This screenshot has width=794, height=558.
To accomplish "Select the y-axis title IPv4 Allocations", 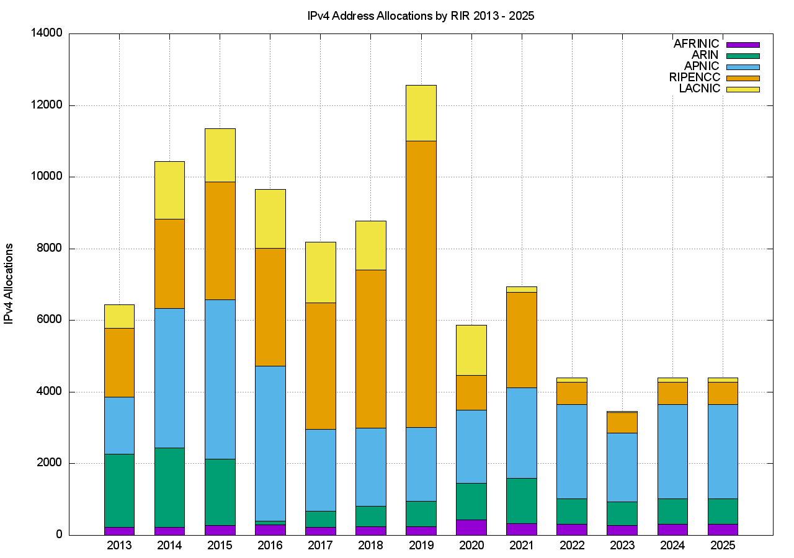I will pyautogui.click(x=9, y=283).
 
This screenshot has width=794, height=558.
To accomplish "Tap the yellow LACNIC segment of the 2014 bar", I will pyautogui.click(x=169, y=190).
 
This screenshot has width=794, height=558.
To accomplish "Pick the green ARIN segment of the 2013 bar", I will pyautogui.click(x=119, y=490).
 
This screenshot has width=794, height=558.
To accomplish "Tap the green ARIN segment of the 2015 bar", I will pyautogui.click(x=220, y=492).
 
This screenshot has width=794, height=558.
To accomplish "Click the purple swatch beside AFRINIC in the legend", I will pyautogui.click(x=743, y=45).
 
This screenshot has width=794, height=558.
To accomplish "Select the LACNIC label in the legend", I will pyautogui.click(x=700, y=89).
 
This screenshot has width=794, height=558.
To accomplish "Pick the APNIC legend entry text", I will pyautogui.click(x=702, y=66).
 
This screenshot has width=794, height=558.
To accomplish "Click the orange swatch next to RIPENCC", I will pyautogui.click(x=743, y=78).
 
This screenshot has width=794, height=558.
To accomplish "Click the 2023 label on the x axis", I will pyautogui.click(x=622, y=546).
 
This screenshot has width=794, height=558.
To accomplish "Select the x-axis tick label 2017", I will pyautogui.click(x=320, y=546).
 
